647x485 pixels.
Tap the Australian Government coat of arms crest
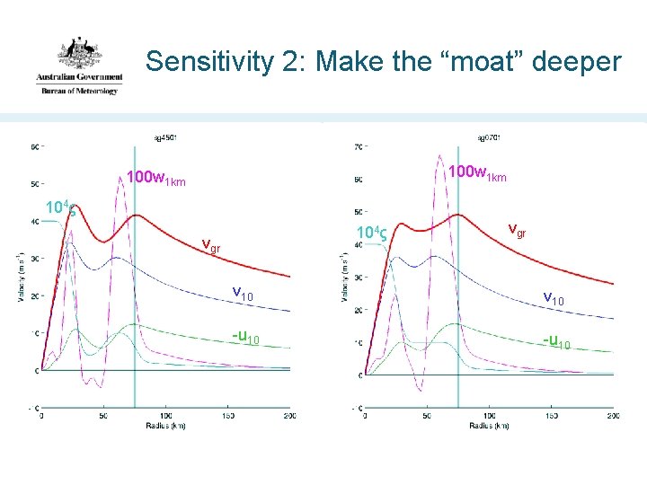[79, 54]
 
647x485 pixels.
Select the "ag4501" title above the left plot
[164, 137]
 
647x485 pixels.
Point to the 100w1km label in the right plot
[477, 173]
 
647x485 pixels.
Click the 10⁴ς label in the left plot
[60, 209]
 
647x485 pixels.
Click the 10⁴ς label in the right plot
[370, 235]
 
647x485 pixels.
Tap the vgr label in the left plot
[212, 245]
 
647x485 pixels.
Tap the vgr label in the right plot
[518, 230]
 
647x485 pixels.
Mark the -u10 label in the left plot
[245, 337]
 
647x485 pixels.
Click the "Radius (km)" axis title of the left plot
[165, 425]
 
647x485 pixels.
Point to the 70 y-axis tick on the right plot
[359, 146]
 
